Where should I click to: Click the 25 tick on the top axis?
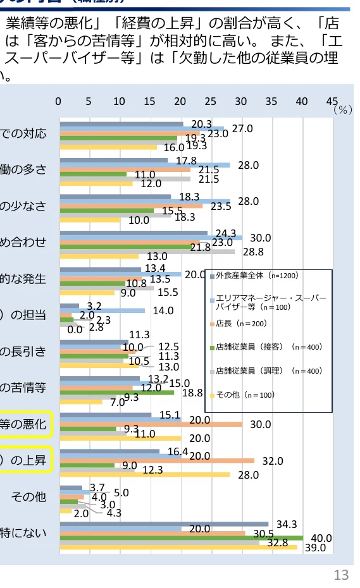210,101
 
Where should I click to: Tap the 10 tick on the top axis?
119,101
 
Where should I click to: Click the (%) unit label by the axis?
342,109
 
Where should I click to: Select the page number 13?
341,575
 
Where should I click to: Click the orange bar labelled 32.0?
157,461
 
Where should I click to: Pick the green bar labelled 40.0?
181,538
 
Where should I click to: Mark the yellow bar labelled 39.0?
178,547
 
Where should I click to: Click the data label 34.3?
287,524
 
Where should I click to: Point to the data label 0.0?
75,329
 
